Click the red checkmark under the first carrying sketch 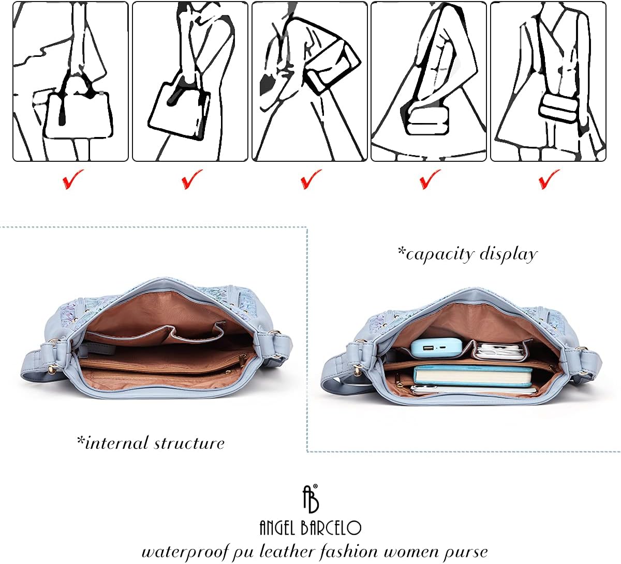(x=72, y=179)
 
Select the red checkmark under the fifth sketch (x=549, y=179)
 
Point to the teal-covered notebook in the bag (x=472, y=376)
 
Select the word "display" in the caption (x=508, y=255)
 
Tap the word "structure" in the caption (x=189, y=444)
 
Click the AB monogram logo (x=310, y=499)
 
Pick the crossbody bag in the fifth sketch (x=559, y=108)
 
